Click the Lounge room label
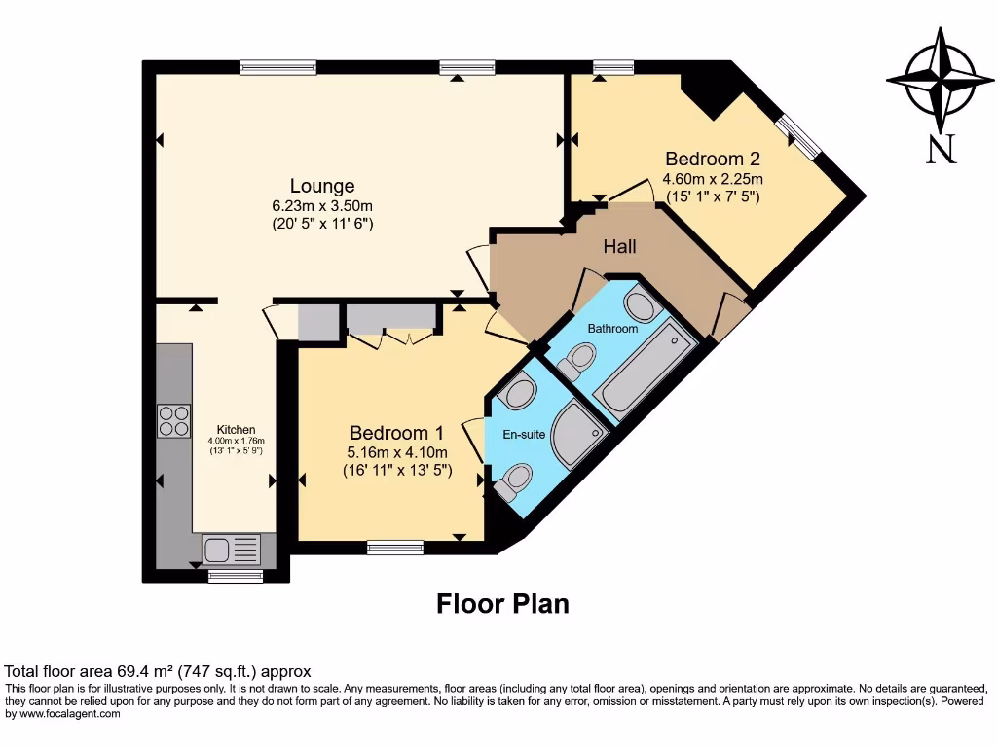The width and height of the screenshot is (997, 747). click(x=321, y=186)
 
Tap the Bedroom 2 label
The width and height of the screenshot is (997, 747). click(x=712, y=159)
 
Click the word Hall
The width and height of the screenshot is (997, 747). click(x=620, y=247)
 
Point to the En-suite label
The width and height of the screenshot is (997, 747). click(x=524, y=435)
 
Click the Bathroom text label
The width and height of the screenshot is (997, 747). click(x=612, y=329)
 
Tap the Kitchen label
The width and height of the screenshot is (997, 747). click(x=236, y=429)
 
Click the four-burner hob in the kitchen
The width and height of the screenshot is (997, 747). click(x=174, y=420)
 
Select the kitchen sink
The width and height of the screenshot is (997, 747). click(x=231, y=550)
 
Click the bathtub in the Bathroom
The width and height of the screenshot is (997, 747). click(x=646, y=372)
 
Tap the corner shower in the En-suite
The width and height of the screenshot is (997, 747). click(x=576, y=433)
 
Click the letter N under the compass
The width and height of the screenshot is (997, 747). click(x=940, y=149)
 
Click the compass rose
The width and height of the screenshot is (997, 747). click(x=940, y=81)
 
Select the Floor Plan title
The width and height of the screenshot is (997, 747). click(x=502, y=604)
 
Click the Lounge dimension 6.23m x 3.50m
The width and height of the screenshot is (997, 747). click(x=322, y=206)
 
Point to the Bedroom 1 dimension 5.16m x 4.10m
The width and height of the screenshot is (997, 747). click(x=397, y=453)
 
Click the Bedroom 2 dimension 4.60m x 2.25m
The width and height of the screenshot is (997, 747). click(x=712, y=179)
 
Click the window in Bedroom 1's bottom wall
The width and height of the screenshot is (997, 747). click(x=395, y=548)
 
